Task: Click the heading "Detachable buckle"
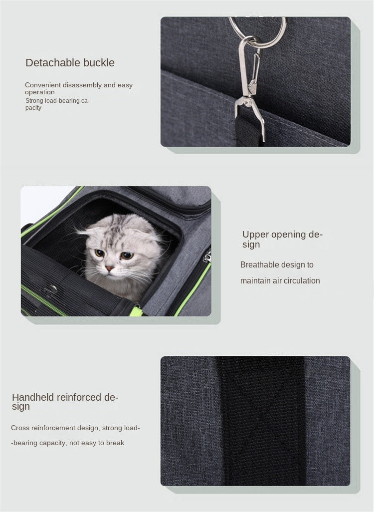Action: [70, 63]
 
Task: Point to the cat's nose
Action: [109, 268]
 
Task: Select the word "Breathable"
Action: [259, 265]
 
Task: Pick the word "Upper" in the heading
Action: [255, 235]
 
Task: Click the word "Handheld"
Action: [33, 398]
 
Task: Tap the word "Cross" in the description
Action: [20, 428]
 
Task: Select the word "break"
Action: [115, 443]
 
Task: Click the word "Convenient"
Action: [42, 85]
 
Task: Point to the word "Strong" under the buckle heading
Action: [34, 101]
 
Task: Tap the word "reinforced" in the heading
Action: [79, 398]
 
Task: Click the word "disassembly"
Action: [82, 85]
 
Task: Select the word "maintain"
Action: [255, 281]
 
